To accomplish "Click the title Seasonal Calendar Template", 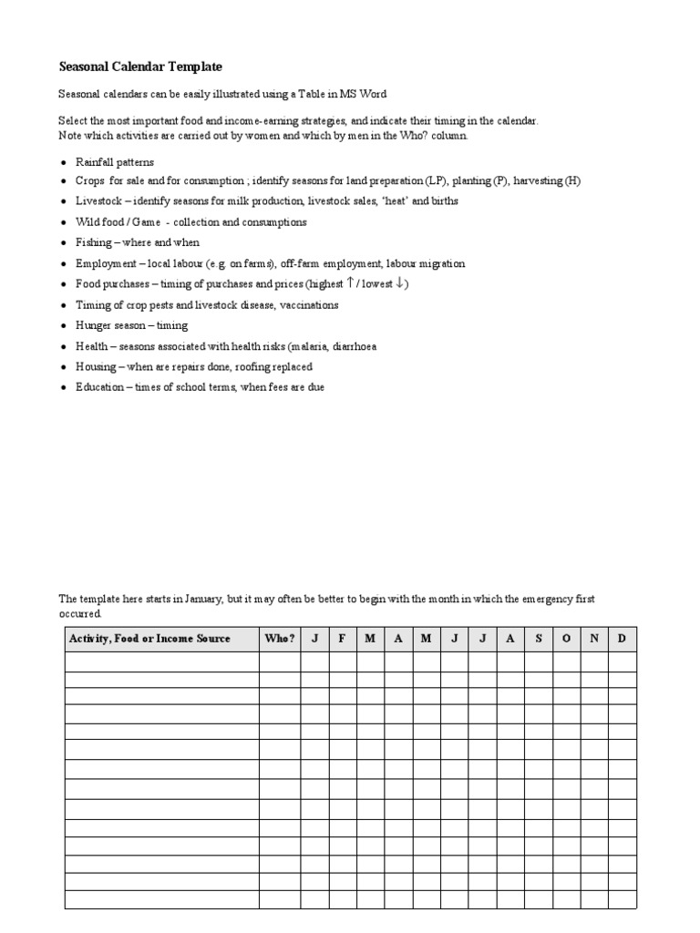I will [x=140, y=67].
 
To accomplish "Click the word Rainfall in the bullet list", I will [x=95, y=161].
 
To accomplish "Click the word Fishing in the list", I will [x=93, y=242].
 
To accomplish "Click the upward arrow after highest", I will [x=350, y=283].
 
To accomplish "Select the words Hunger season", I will [x=114, y=325].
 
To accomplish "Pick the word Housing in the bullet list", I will [x=96, y=366].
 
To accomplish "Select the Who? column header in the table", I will [x=280, y=639].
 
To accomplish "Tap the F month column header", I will [x=342, y=639].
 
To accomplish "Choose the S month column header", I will [x=538, y=639].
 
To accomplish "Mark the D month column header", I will [x=622, y=639].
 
